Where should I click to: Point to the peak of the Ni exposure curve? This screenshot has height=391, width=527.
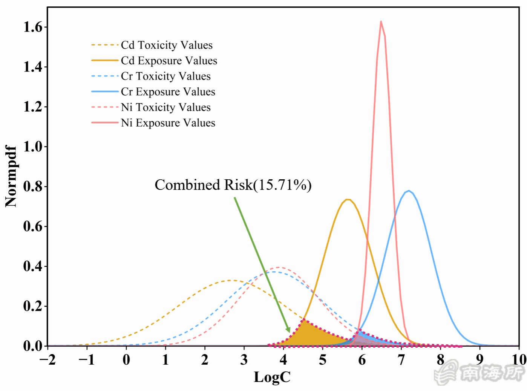381,21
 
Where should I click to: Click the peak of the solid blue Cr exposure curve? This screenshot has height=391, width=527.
409,191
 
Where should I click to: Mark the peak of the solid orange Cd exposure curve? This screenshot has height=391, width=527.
348,199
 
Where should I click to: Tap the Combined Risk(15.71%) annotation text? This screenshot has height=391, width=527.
233,185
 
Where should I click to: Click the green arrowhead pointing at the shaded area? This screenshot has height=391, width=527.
288,330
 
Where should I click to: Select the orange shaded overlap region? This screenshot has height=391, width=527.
313,335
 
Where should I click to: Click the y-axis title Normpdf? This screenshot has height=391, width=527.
11,176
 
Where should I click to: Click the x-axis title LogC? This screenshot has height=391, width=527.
272,377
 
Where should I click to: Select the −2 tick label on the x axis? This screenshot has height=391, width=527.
47,360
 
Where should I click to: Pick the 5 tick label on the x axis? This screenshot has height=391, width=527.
322,360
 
